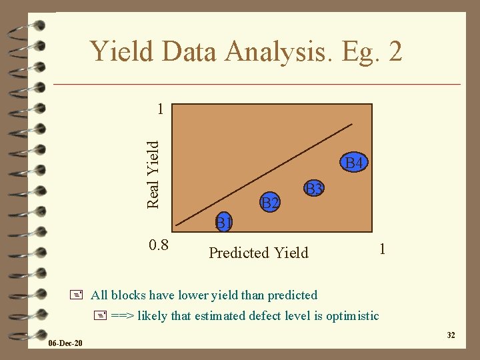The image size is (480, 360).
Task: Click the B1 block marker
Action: pos(223,221)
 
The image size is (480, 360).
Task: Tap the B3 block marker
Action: pos(313,189)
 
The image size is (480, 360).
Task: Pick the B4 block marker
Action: pos(353,163)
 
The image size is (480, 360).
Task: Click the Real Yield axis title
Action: pos(153,173)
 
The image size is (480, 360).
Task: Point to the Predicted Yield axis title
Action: pos(259,253)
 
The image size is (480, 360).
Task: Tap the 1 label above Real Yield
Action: pos(159,108)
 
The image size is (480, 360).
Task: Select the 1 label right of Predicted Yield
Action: pos(381,249)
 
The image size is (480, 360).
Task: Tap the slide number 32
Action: pos(451,335)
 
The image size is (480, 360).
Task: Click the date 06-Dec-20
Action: pos(65,343)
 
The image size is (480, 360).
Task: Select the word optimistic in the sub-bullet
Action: pos(353,315)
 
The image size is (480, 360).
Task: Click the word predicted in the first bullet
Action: pos(292,295)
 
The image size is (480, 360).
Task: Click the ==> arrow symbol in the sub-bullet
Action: pos(121,315)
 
